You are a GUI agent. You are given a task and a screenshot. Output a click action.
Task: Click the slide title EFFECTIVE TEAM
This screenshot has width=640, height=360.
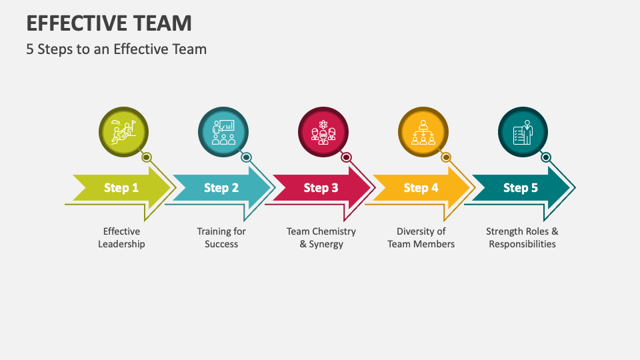tap(109, 23)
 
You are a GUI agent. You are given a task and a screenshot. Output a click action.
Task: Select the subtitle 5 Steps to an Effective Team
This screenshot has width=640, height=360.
tap(117, 49)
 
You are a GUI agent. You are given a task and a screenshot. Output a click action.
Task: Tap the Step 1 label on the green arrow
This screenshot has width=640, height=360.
tap(121, 188)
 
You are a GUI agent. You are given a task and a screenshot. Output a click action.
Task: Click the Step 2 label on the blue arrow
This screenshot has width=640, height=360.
tap(221, 188)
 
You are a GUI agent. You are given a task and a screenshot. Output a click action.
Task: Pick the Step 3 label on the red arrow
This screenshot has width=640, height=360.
tap(321, 188)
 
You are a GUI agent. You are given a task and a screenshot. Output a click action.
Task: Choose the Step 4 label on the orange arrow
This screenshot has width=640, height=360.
tap(421, 188)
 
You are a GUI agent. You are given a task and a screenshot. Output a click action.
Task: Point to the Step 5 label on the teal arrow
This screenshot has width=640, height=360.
tap(521, 188)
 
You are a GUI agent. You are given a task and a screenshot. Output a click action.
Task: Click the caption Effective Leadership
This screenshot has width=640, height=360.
tap(121, 238)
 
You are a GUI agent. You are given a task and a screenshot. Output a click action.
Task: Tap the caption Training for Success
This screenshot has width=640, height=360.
tap(221, 238)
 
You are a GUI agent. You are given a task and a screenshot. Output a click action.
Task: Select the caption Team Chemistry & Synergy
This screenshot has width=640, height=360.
tap(321, 238)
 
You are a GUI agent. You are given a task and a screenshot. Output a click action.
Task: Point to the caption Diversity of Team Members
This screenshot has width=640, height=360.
tap(421, 238)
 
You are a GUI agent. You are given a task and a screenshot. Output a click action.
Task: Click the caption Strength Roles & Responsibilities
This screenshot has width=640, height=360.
tap(522, 238)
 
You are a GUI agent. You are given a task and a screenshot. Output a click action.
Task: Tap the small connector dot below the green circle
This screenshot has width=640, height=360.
tap(147, 158)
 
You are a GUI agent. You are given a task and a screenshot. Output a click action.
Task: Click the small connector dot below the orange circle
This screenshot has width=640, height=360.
tap(446, 158)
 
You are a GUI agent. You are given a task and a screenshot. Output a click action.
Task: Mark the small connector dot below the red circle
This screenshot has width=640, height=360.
tap(346, 158)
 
